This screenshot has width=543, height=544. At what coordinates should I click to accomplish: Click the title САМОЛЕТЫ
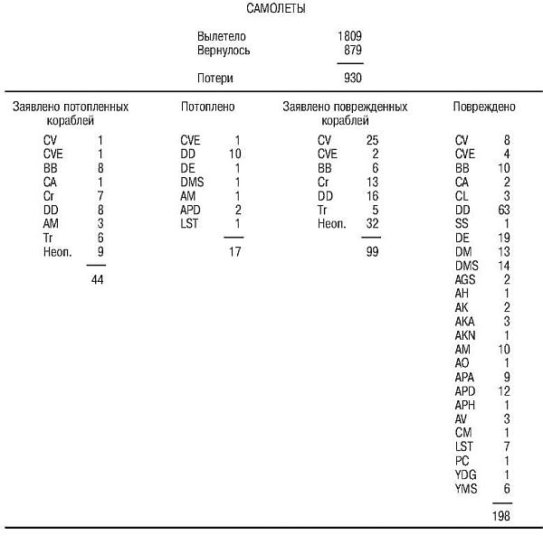[275, 9]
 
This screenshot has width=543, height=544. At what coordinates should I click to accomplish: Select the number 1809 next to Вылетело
[348, 37]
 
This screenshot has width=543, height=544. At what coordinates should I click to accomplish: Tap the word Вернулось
[224, 51]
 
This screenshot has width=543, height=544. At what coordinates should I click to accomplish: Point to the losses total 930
[352, 78]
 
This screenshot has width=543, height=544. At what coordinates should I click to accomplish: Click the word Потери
[215, 78]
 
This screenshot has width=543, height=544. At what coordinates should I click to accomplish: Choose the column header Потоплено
[207, 107]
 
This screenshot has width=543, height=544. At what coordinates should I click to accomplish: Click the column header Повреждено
[484, 107]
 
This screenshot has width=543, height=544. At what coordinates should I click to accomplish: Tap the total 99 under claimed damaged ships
[370, 252]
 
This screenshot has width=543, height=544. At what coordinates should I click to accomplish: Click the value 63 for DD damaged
[504, 210]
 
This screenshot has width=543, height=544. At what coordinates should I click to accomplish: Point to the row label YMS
[465, 489]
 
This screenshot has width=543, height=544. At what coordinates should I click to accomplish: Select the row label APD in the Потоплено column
[191, 210]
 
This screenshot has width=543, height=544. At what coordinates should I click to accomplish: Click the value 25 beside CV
[371, 140]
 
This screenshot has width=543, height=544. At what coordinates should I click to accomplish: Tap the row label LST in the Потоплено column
[189, 223]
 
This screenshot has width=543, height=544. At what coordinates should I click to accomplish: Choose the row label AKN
[466, 335]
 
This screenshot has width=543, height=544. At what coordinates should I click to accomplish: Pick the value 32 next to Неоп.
[371, 223]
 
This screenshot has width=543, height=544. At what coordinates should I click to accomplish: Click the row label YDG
[466, 475]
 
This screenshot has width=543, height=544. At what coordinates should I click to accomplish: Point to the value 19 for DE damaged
[504, 238]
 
